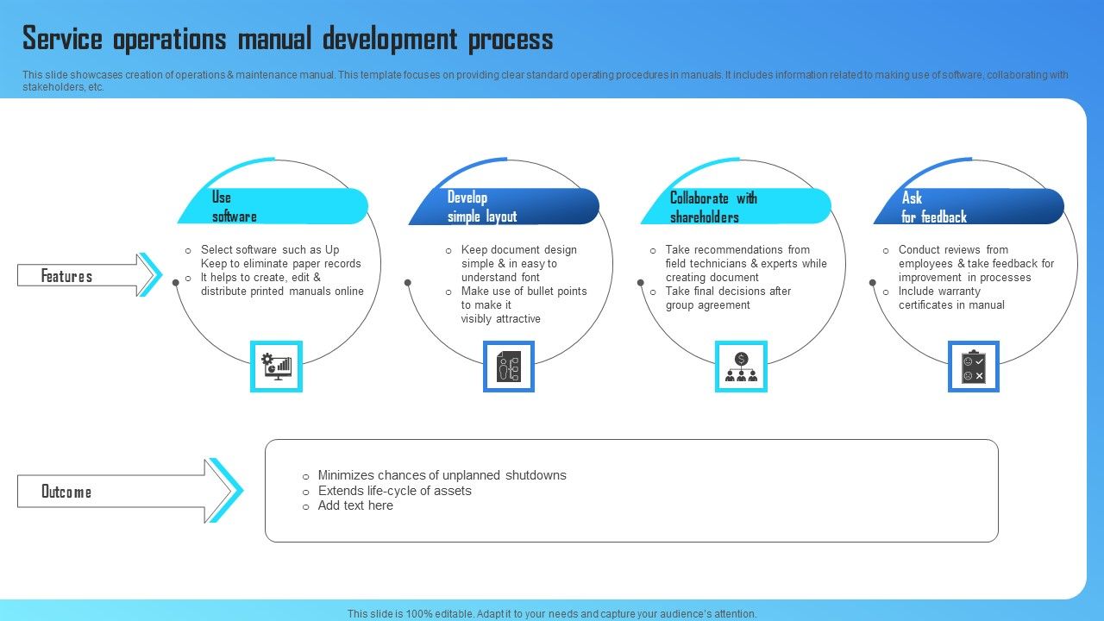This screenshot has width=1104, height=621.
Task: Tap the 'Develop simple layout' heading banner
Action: [505, 207]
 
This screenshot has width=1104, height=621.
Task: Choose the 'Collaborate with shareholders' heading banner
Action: [735, 207]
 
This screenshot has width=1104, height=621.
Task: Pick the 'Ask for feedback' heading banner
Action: [968, 207]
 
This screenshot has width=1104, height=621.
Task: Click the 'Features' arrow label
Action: [67, 276]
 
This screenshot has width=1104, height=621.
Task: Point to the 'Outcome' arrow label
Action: [66, 492]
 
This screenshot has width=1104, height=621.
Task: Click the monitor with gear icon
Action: [276, 367]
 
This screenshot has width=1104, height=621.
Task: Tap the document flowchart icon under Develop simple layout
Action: [509, 367]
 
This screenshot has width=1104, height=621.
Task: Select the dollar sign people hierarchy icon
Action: [741, 367]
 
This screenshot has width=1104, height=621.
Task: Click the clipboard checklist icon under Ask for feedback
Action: [974, 367]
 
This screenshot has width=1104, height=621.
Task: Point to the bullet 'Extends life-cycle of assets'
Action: [394, 491]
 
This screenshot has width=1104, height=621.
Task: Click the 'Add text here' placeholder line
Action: [355, 506]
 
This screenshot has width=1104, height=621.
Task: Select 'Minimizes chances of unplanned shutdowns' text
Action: [442, 475]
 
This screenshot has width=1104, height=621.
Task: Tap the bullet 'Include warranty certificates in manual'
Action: [950, 298]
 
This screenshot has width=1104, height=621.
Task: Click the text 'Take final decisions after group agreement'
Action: [727, 298]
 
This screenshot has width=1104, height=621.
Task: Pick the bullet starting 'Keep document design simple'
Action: [517, 263]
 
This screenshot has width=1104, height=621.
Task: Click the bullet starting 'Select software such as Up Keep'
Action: [280, 256]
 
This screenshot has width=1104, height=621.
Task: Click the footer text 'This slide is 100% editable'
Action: [551, 614]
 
